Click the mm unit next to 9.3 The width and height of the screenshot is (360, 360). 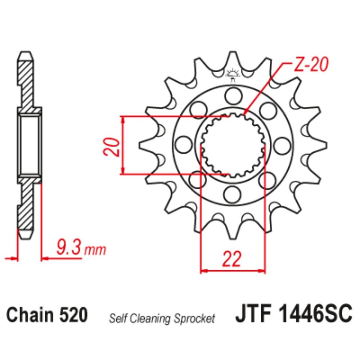tap(95, 249)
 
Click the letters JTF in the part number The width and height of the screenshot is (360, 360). tap(252, 315)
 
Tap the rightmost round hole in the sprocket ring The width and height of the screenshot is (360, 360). tap(282, 145)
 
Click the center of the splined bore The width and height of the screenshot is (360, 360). tap(232, 145)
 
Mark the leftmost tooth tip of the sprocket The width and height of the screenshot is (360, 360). tap(140, 145)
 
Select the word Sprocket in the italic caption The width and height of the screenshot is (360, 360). tap(197, 318)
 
